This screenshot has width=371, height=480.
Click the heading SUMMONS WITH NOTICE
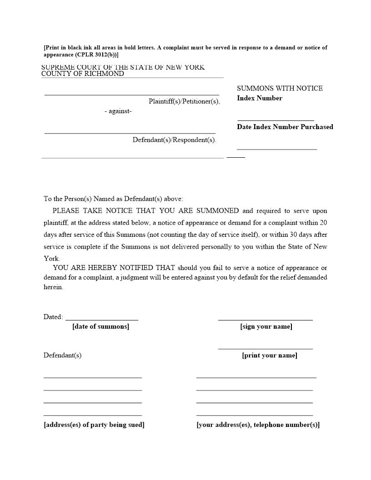coord(280,88)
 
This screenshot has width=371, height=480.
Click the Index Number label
coord(259,98)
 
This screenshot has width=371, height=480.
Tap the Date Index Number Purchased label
coord(285,127)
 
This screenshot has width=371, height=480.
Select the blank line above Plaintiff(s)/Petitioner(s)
coord(131,95)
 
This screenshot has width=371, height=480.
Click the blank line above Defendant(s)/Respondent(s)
coord(130,133)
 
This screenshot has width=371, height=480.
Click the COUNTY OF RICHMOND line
coord(83,74)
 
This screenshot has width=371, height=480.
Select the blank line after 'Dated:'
coord(102,320)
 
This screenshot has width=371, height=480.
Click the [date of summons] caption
coord(100,326)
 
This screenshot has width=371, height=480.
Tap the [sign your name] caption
coord(266,326)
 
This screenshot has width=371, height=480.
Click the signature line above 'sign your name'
coord(266,320)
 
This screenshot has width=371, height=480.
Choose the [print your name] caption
coord(269,355)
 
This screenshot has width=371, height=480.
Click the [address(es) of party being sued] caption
coord(94,425)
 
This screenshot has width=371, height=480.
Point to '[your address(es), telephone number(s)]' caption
coord(258,425)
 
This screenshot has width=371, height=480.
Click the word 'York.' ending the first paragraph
coord(51,258)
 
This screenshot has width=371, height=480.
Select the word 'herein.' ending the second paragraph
coord(53,287)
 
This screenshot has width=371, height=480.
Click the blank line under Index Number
coord(276,120)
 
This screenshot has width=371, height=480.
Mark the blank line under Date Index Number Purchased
coord(276,149)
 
